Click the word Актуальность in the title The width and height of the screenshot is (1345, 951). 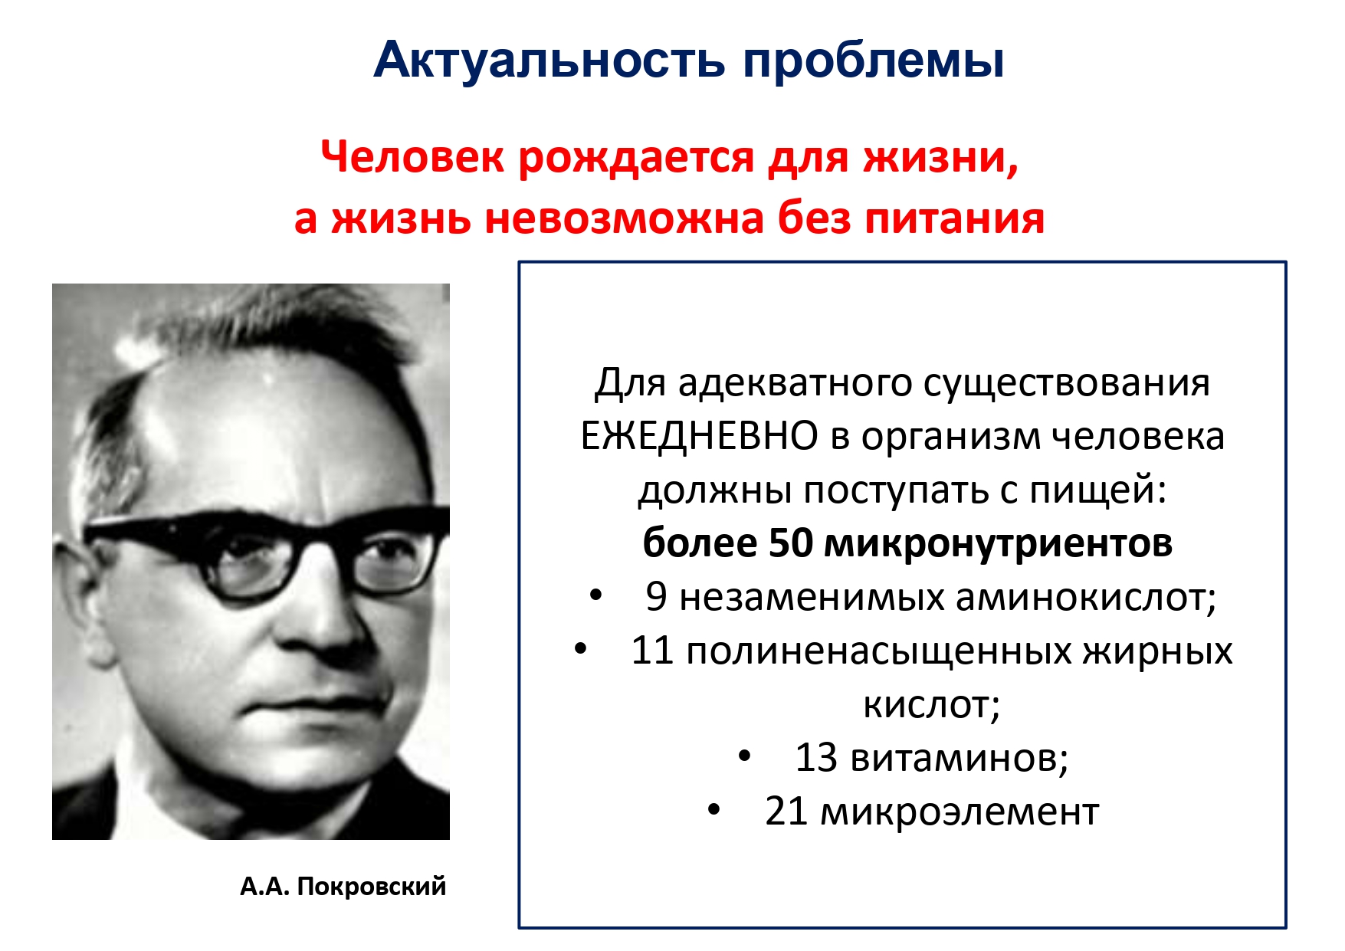coord(549,60)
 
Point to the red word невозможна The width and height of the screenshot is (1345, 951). coord(625,218)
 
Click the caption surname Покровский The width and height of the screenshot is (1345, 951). coord(371,887)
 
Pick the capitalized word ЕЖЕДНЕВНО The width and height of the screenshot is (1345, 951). coord(698,436)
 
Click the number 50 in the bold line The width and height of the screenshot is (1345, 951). coord(790,543)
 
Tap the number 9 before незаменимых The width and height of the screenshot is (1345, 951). coord(656,597)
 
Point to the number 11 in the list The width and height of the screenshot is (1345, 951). coord(652,651)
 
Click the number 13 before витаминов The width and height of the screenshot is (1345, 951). coord(816,758)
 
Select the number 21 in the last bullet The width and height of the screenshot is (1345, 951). coord(786,812)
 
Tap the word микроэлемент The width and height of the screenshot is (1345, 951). coord(960,812)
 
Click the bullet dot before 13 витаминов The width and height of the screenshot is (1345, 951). coord(744,757)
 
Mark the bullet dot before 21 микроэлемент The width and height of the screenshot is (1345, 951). coord(714,811)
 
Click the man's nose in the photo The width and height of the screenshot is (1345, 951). coord(322,613)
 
